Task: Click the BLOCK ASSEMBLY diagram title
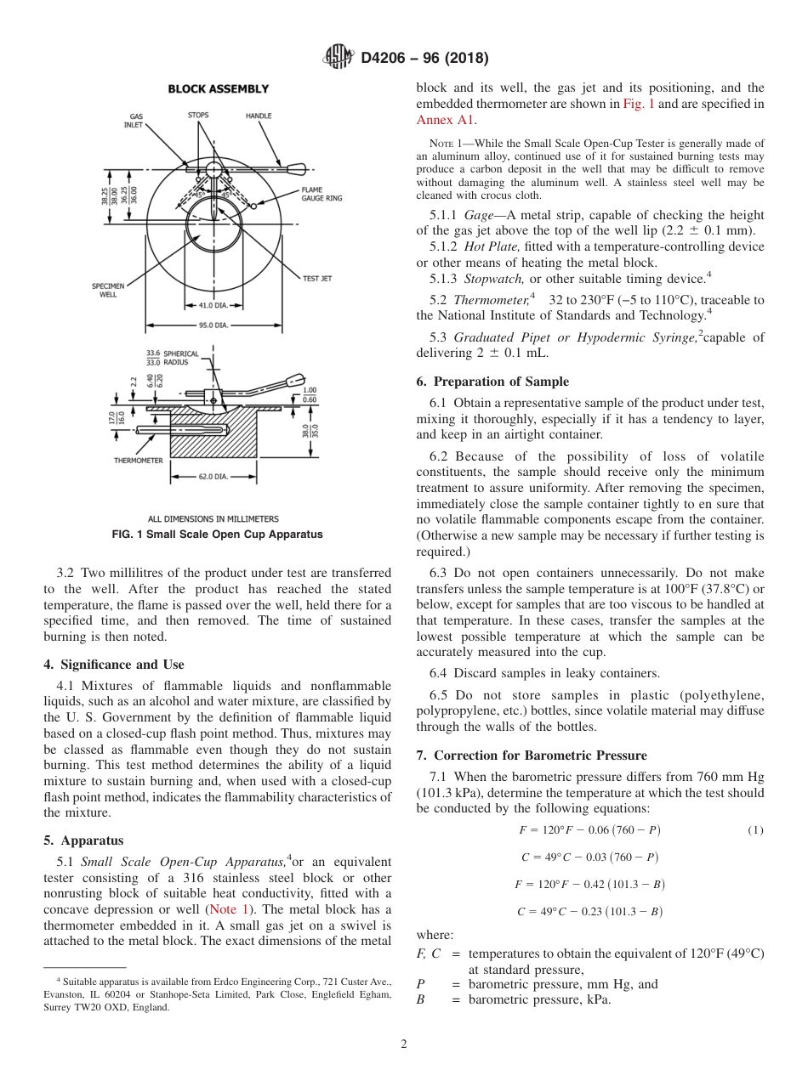pos(218,88)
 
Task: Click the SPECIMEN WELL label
pos(105,291)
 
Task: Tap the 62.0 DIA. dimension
pos(213,477)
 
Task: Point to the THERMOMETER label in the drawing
pos(139,461)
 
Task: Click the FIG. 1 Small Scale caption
pos(217,535)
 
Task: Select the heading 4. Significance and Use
pos(113,665)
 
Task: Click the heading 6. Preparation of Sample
pos(492,382)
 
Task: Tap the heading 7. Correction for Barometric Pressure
pos(532,755)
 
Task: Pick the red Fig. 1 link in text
pos(638,104)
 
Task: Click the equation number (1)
pos(755,830)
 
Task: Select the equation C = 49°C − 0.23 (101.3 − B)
pos(589,912)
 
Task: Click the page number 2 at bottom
pos(404,1044)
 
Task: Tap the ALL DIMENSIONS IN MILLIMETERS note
pos(213,518)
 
